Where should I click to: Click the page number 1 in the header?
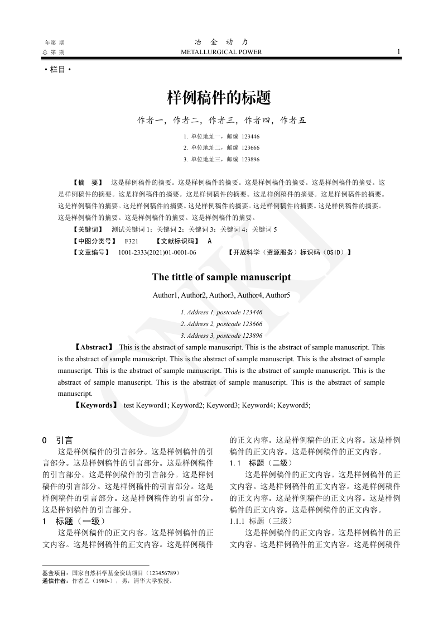pyautogui.click(x=398, y=51)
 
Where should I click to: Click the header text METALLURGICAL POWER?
pyautogui.click(x=222, y=52)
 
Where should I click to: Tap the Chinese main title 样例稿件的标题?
pyautogui.click(x=219, y=98)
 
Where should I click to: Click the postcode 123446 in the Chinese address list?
pyautogui.click(x=251, y=136)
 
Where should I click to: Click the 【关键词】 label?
pyautogui.click(x=88, y=229)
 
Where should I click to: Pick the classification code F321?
pyautogui.click(x=132, y=241)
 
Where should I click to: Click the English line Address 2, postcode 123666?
pyautogui.click(x=222, y=324)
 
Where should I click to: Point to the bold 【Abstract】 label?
pyautogui.click(x=94, y=347)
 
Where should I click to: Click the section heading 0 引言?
pyautogui.click(x=57, y=441)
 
